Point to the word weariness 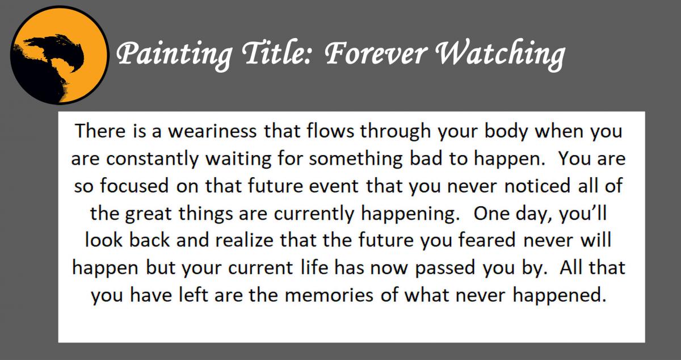click(202, 132)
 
